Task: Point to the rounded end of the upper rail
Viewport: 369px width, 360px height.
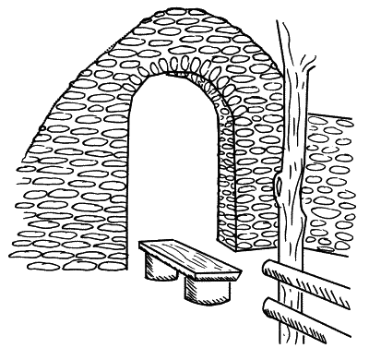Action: pyautogui.click(x=269, y=270)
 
